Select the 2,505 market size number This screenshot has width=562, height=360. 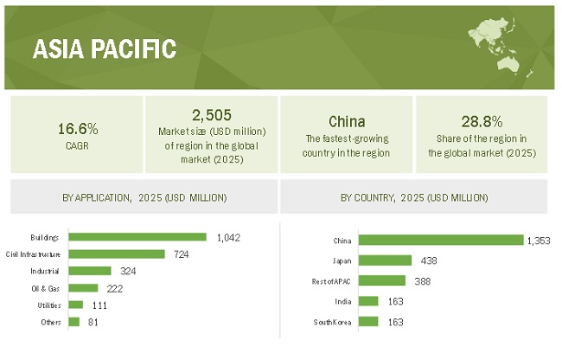(211, 114)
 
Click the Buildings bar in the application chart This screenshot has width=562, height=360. (137, 236)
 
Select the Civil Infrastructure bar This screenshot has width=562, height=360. (117, 254)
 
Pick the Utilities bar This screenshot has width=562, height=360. (75, 305)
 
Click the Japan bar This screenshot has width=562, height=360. (385, 260)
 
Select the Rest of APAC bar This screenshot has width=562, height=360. (381, 280)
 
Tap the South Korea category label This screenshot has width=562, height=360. (332, 322)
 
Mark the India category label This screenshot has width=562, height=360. (343, 301)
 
